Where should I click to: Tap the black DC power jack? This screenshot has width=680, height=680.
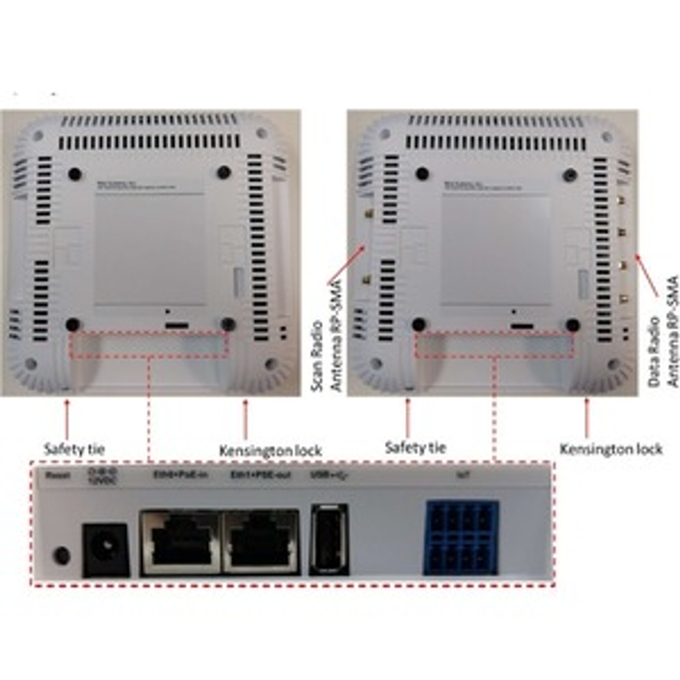[106, 550]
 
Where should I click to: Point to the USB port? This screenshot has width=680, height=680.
[329, 539]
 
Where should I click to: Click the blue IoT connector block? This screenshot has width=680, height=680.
[461, 537]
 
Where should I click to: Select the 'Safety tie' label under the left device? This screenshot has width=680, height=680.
[74, 449]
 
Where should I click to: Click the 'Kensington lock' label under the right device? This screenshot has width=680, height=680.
[611, 449]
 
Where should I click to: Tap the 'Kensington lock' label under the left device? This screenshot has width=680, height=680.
[270, 451]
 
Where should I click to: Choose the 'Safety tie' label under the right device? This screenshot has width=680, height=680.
[415, 447]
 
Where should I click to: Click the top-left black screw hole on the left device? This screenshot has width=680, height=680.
[75, 174]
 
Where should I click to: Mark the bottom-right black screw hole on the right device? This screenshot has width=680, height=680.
[572, 325]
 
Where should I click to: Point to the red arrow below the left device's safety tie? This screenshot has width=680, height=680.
[67, 420]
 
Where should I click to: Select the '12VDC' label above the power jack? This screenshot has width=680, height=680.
[102, 481]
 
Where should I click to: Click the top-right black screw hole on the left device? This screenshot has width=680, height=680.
[224, 172]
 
